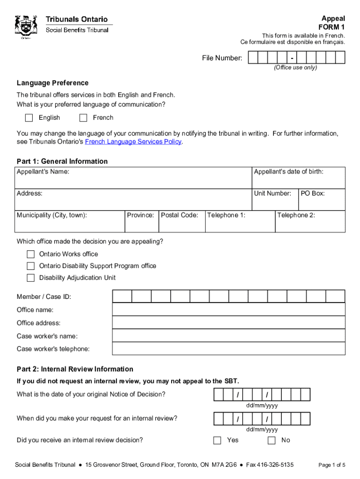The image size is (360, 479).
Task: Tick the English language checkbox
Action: tap(29, 117)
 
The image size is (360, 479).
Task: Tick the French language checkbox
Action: tap(83, 117)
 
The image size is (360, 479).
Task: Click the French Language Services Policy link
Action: tap(133, 142)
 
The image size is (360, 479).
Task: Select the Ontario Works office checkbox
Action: tap(31, 254)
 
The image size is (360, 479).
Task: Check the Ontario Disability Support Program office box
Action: tap(31, 266)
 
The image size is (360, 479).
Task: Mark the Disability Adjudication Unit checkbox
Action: tap(31, 277)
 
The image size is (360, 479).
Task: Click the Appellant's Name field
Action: tap(134, 180)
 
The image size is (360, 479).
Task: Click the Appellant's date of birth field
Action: tap(298, 180)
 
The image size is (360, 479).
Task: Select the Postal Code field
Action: tap(182, 223)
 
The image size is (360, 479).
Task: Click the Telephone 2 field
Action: tap(310, 223)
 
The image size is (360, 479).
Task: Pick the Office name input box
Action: tap(228, 310)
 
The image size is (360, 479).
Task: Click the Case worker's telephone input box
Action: tap(228, 349)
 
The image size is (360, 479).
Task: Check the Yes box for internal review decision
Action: tap(217, 440)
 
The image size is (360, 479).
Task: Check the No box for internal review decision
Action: tap(272, 440)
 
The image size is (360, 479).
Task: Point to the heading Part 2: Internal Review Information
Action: tap(75, 369)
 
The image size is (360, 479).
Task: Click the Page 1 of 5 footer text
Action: tap(331, 465)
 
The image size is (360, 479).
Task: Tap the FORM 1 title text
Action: tap(331, 27)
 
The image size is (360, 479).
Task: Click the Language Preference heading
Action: tap(52, 83)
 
